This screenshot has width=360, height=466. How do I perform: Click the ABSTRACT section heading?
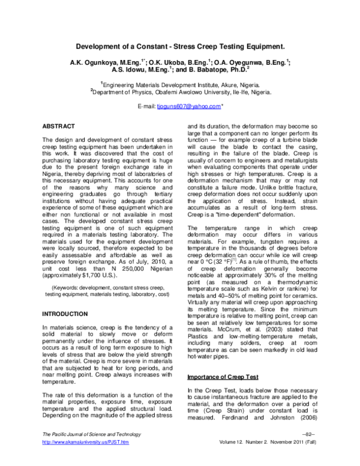tap(58, 127)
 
